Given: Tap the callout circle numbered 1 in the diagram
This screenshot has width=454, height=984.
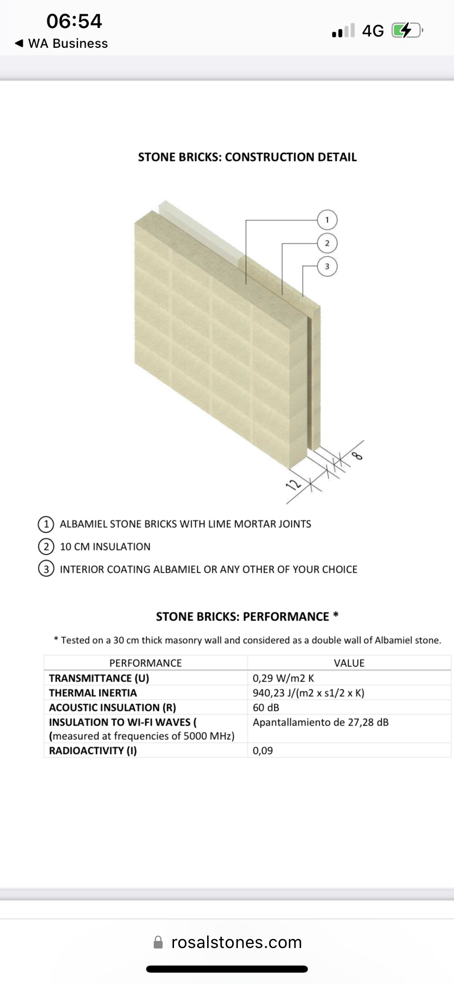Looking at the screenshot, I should [327, 220].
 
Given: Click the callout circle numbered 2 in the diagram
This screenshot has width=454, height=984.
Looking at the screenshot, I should [327, 243].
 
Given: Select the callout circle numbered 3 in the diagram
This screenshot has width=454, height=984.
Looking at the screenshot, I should [327, 266].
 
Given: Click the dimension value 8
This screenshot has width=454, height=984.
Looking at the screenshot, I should [358, 456].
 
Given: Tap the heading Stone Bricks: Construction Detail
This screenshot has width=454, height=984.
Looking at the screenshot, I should [247, 157].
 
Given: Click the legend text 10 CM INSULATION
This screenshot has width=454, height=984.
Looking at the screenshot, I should [105, 547].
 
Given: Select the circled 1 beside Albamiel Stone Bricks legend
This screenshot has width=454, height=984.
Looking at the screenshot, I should [46, 524].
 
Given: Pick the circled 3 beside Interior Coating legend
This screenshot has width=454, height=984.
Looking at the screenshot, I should [46, 569].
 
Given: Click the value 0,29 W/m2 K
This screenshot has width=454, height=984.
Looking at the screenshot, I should [283, 678].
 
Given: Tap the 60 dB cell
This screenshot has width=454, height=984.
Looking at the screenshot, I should [266, 708].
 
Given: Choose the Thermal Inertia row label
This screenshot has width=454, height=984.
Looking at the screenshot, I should [93, 693].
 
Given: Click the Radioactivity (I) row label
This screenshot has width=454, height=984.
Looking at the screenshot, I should [93, 751].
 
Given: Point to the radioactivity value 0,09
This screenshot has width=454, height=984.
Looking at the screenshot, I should [262, 751].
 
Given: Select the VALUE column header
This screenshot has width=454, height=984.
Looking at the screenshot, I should [349, 663].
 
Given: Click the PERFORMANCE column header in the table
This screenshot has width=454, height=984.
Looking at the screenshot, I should [145, 663].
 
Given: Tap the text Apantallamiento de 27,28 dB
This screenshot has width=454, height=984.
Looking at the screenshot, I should [320, 722].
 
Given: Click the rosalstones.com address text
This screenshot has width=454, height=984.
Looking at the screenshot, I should [236, 942].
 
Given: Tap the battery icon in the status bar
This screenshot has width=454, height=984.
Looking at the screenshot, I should [406, 31].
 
